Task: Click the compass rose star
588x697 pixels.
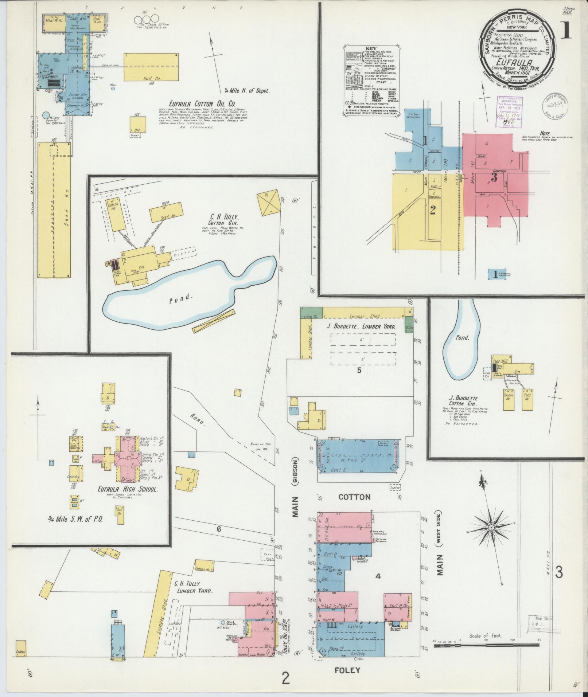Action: coord(491,528)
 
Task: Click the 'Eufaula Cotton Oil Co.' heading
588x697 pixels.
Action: coord(195,103)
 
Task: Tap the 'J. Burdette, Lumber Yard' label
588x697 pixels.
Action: coord(360,327)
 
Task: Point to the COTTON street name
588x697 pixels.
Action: coord(354,497)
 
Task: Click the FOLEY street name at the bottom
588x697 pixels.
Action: coord(347,670)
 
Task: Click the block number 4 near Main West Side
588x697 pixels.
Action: coord(378,576)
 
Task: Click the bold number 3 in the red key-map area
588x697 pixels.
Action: coord(494,177)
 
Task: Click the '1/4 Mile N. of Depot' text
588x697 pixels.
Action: coord(248,91)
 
